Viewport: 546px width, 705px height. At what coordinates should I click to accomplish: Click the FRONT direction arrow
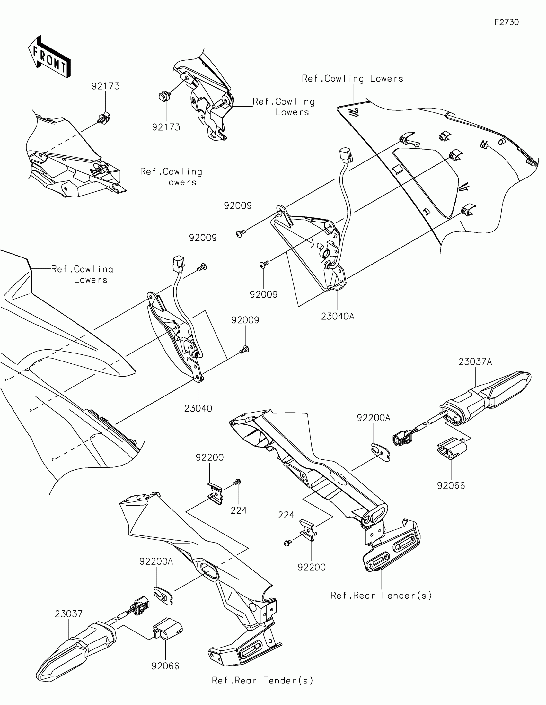[x=49, y=57]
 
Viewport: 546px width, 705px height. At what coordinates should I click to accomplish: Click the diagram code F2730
[x=506, y=22]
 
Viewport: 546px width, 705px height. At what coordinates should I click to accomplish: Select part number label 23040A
[x=338, y=316]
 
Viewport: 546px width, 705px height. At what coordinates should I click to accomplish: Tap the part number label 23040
[x=198, y=408]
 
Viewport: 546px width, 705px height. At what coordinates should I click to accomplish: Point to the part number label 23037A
[x=475, y=362]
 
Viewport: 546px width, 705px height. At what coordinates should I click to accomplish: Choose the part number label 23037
[x=68, y=614]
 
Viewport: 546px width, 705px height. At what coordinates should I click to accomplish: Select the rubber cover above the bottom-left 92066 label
[x=167, y=629]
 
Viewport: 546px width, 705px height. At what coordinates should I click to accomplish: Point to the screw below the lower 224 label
[x=287, y=544]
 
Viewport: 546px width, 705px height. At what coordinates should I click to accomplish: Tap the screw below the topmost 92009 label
[x=241, y=233]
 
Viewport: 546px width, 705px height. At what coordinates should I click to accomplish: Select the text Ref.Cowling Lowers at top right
[x=353, y=79]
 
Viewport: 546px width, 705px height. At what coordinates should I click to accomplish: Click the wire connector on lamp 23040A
[x=346, y=155]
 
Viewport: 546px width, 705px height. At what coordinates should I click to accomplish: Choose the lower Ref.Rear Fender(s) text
[x=262, y=681]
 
